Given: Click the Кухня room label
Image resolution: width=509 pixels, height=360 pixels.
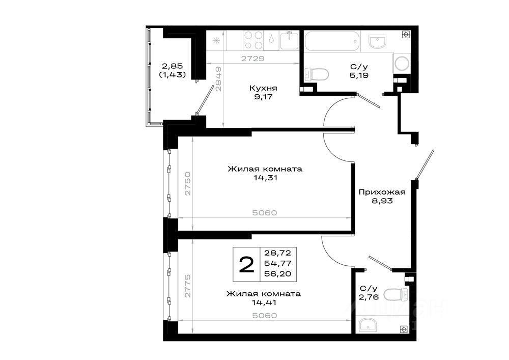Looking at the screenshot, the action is (x=263, y=88).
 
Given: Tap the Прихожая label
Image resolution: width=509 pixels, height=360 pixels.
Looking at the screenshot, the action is (x=382, y=192).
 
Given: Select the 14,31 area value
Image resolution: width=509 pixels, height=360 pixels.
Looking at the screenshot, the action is (x=266, y=178).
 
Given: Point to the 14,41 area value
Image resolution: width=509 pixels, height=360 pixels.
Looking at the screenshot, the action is (x=264, y=302).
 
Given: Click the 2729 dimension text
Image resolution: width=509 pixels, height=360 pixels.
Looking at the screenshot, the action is (x=253, y=59).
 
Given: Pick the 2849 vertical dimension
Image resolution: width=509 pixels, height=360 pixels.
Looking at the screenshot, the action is (x=218, y=79).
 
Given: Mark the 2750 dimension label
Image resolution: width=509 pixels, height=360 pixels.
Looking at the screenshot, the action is (x=188, y=184).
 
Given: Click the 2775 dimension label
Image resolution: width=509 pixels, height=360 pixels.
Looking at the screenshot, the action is (x=188, y=286).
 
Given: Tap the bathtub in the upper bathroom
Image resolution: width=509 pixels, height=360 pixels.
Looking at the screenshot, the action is (x=332, y=41).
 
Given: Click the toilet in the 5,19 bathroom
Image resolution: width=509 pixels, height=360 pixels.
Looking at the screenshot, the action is (x=316, y=75).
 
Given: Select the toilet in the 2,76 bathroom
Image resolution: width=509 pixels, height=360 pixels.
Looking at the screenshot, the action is (x=395, y=295).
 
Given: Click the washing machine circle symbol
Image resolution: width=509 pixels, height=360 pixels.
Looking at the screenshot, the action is (x=402, y=64).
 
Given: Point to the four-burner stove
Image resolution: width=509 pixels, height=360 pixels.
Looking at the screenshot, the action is (x=253, y=40).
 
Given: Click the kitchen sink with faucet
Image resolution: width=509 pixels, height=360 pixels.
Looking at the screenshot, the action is (x=289, y=40).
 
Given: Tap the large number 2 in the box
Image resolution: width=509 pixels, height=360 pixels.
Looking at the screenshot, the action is (x=246, y=265).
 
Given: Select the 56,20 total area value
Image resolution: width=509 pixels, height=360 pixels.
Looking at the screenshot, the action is (x=277, y=273).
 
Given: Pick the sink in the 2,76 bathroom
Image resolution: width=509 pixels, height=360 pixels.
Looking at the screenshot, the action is (x=368, y=325).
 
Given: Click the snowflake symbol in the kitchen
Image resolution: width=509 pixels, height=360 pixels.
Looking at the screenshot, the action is (x=216, y=41).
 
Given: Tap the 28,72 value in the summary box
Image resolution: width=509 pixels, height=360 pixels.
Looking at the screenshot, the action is (x=277, y=253).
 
